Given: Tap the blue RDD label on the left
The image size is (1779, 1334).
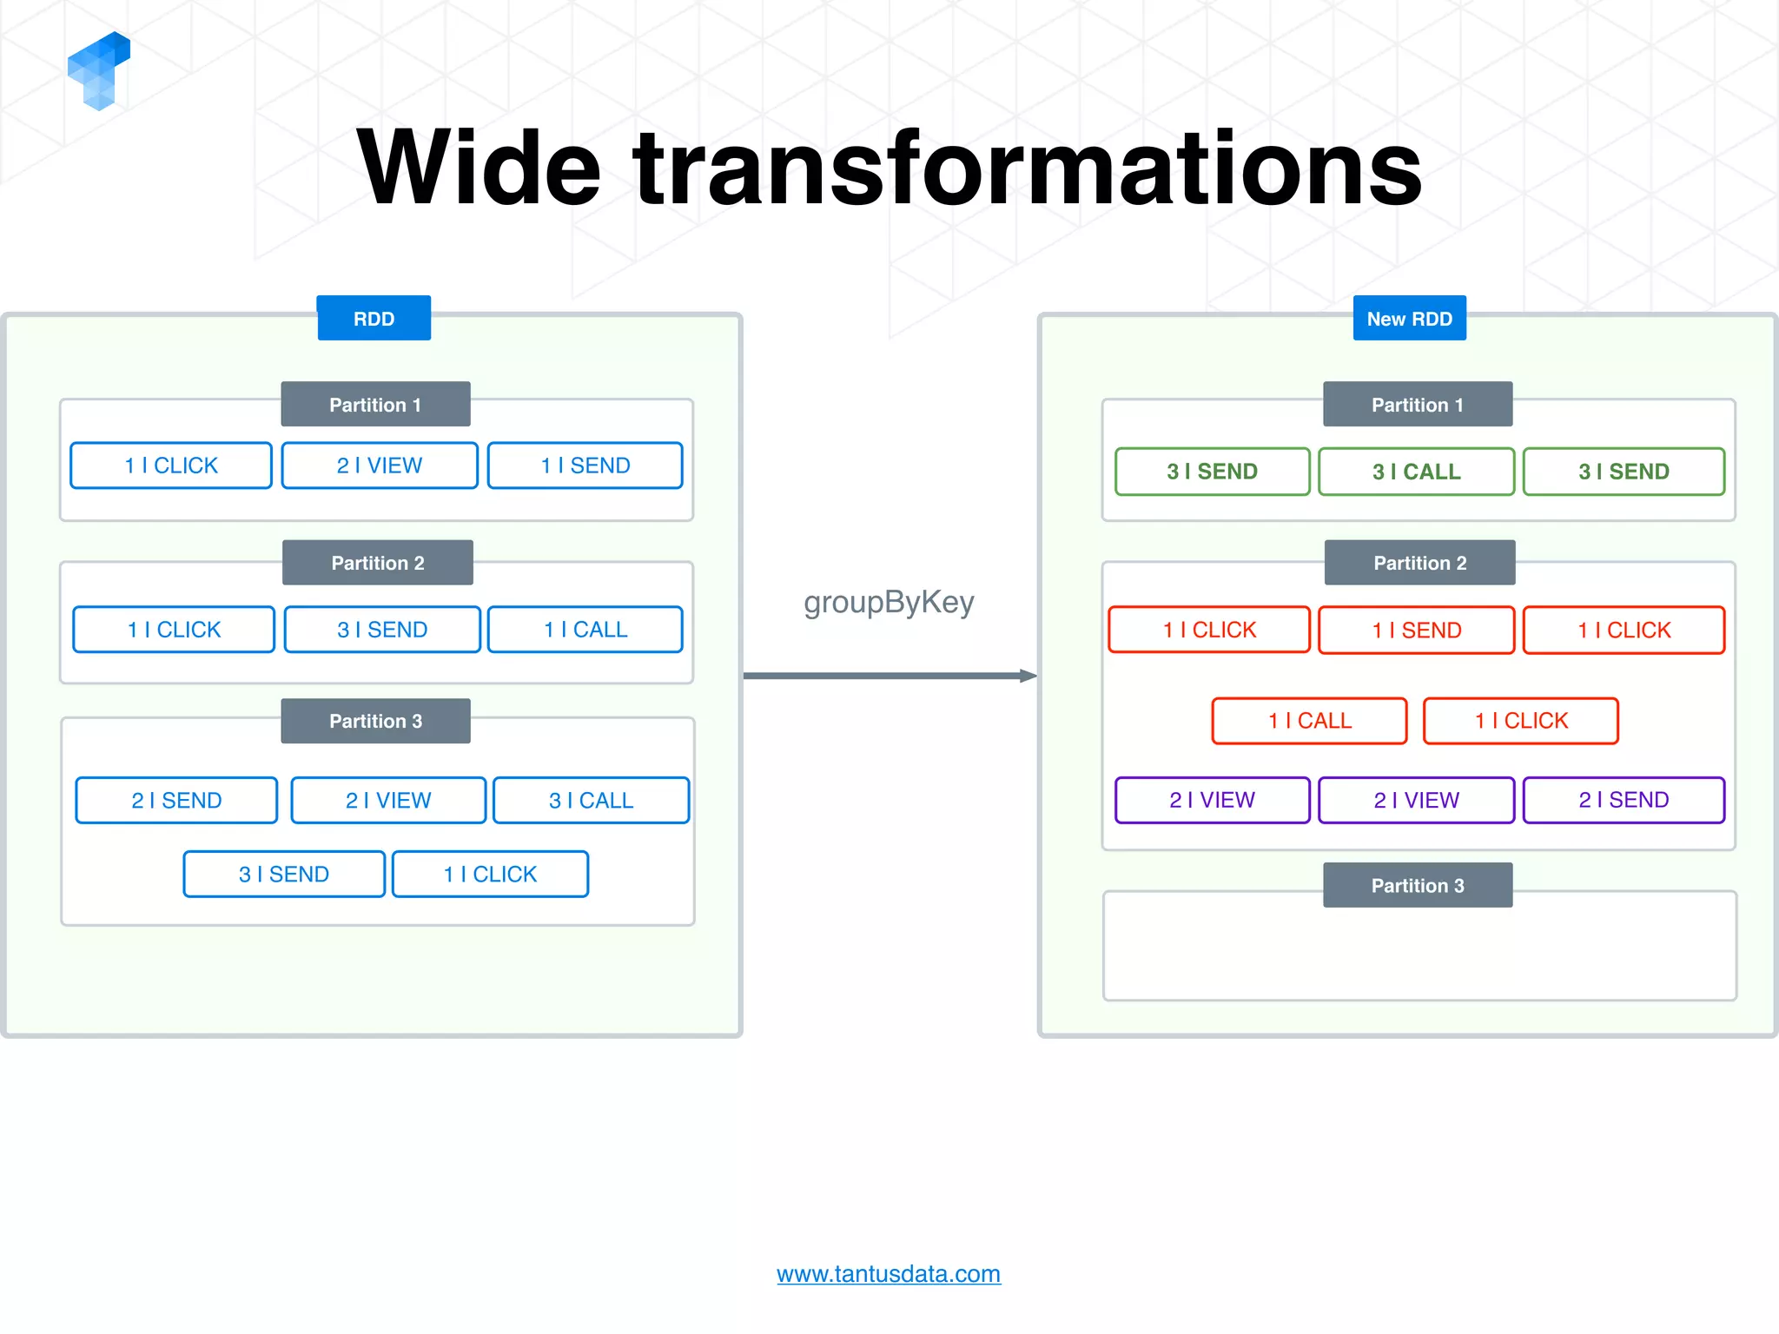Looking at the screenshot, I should [374, 319].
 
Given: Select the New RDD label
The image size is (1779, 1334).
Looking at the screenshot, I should [1409, 319].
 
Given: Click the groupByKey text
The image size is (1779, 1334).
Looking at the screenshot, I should [889, 602].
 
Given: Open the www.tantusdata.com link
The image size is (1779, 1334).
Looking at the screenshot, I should [889, 1274].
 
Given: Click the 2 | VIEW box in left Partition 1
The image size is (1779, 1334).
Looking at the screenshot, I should [380, 466].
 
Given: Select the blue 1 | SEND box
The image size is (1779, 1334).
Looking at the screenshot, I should [585, 466].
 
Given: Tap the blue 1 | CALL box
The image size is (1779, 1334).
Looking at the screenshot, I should [585, 630].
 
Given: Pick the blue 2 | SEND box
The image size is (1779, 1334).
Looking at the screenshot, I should [176, 800].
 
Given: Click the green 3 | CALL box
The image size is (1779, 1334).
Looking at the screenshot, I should [1416, 472].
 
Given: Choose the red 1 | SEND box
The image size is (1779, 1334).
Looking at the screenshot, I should [1416, 630].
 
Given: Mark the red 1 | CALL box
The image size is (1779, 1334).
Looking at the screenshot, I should [1309, 721].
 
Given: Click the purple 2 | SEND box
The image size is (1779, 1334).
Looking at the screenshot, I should [1624, 800].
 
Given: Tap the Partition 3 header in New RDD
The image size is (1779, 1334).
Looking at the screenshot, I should [1418, 885].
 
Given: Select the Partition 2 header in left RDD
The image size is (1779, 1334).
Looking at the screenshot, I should [378, 563].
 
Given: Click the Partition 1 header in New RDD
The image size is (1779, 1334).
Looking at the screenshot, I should [1418, 405].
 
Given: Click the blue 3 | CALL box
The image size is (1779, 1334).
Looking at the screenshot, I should [591, 800].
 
